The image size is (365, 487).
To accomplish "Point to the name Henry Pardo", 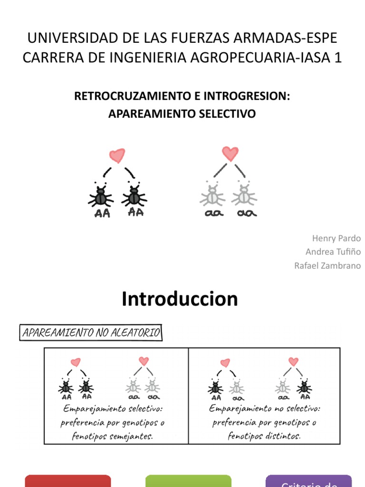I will [x=336, y=238].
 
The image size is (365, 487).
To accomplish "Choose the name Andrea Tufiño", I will [x=333, y=252].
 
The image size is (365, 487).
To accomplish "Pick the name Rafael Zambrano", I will [x=327, y=265].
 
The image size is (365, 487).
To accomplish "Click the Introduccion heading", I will [x=180, y=299].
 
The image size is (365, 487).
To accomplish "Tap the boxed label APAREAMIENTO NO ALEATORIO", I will [x=91, y=332].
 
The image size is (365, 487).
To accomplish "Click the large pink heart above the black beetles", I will [x=117, y=156].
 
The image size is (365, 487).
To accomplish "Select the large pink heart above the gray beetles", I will [x=230, y=153].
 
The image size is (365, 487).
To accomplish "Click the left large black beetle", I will [x=100, y=195].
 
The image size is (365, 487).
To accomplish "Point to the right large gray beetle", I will [x=244, y=195].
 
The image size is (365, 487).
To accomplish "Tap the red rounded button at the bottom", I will [x=67, y=481].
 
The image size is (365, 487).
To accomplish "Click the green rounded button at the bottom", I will [x=188, y=481].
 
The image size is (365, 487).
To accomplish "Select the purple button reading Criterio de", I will [x=309, y=482].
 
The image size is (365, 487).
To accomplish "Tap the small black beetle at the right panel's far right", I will [x=304, y=387].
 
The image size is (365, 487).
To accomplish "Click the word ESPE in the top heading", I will [x=322, y=38].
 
